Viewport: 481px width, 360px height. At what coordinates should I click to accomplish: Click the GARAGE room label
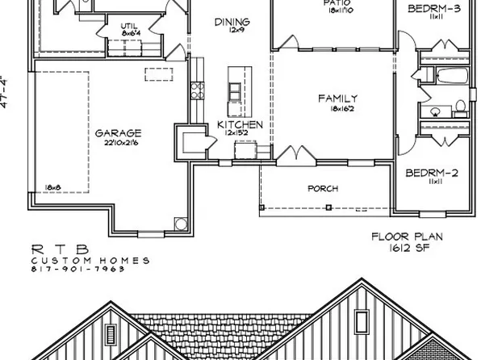[x=118, y=132]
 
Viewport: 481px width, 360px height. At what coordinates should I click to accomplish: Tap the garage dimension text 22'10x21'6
[x=118, y=142]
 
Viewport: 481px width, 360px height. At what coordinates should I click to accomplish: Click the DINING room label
[x=232, y=22]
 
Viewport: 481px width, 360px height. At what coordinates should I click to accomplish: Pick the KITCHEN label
[x=240, y=125]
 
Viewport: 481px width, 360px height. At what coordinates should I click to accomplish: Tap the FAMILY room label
[x=337, y=98]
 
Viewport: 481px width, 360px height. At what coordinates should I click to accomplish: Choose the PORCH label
[x=323, y=189]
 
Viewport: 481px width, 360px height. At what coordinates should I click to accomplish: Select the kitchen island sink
[x=236, y=86]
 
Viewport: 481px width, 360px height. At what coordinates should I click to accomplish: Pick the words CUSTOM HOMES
[x=90, y=260]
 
